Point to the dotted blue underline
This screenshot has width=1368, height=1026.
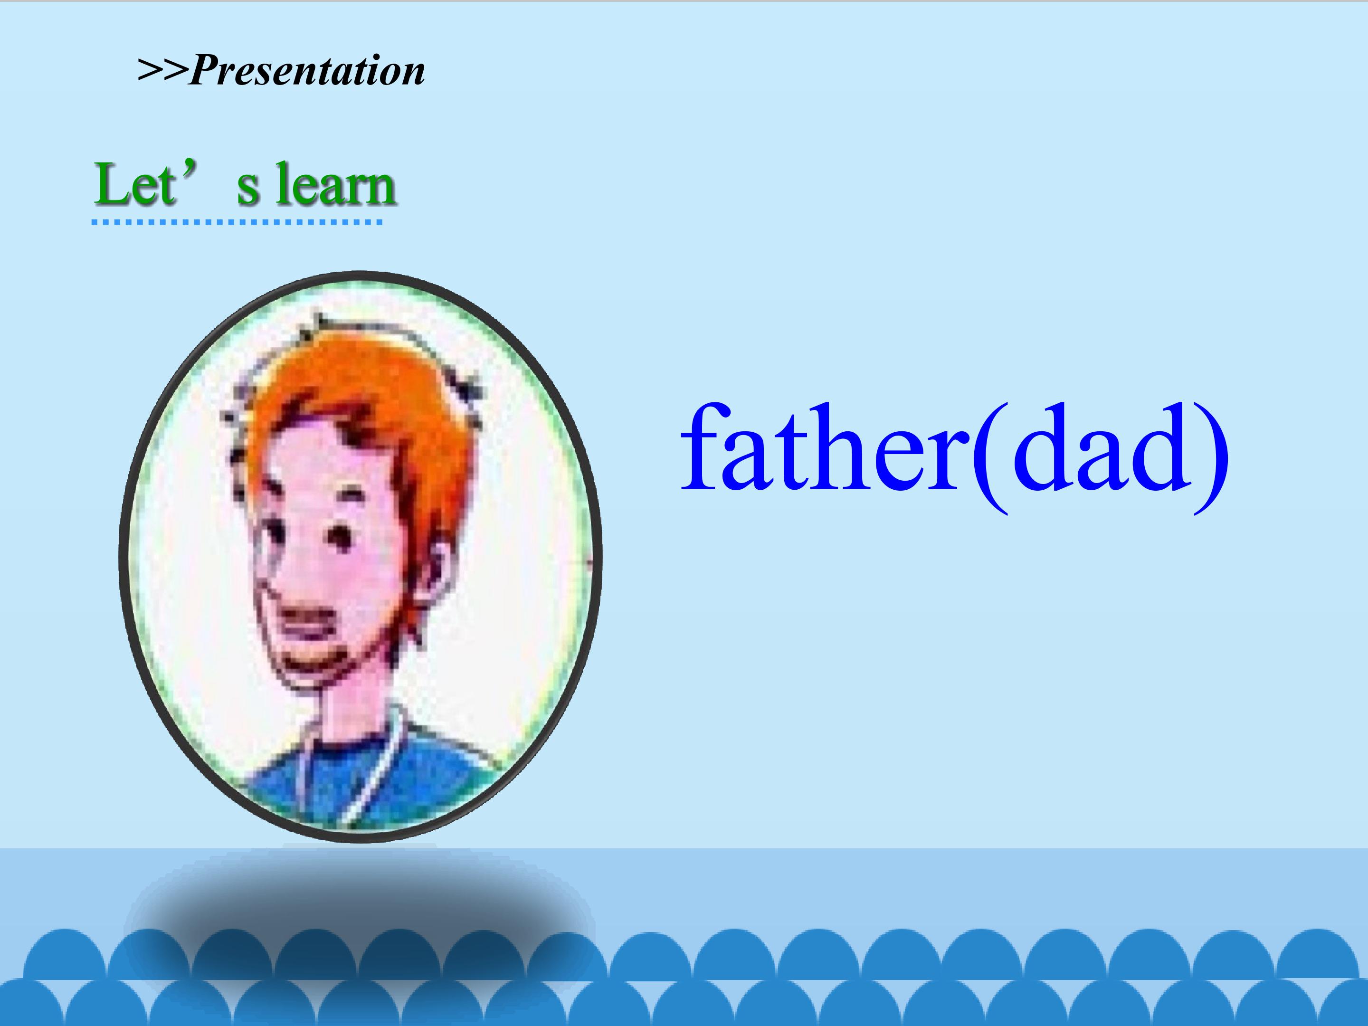[x=237, y=221]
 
